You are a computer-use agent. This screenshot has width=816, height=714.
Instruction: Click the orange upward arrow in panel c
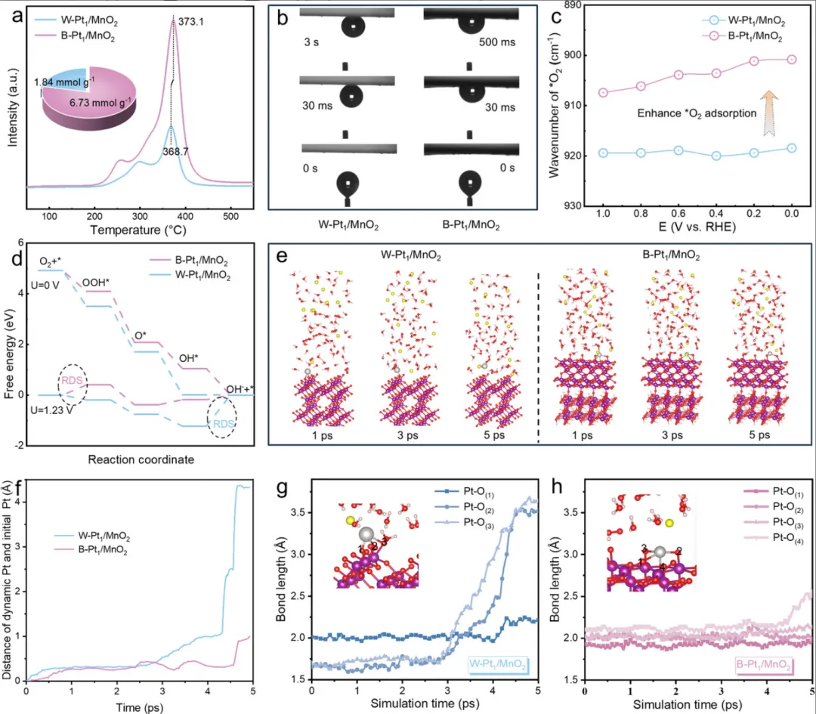[768, 113]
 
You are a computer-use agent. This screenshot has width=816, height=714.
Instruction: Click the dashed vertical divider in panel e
[538, 348]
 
